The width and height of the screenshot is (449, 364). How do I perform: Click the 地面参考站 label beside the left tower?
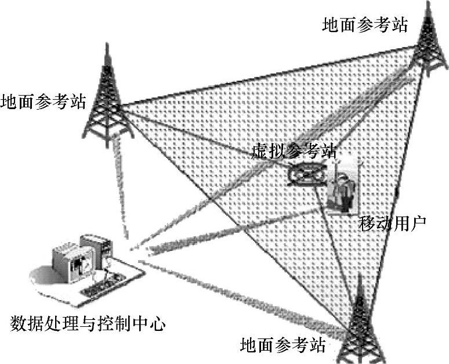44,102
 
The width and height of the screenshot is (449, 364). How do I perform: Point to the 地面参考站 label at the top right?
365,25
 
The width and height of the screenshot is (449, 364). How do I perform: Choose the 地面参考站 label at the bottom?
283,346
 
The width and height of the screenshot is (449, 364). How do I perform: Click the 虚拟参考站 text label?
294,152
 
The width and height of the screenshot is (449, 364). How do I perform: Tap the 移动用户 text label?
392,222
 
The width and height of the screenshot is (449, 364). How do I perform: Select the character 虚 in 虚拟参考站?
260,152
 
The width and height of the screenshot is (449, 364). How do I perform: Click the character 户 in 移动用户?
418,222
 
